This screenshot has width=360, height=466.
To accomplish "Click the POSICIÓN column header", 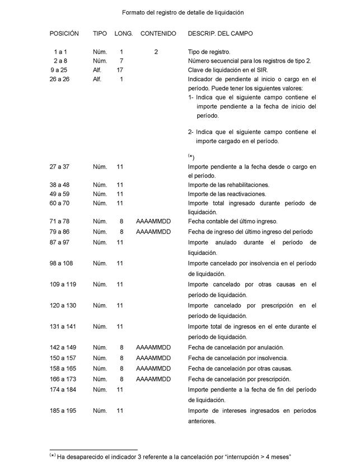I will tap(64, 34).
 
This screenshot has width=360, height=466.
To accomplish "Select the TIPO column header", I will tap(100, 34).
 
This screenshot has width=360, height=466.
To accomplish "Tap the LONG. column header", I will tap(123, 34).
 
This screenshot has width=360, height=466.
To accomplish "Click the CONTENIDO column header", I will tap(158, 34).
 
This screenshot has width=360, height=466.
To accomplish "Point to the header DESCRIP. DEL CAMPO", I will tap(220, 34).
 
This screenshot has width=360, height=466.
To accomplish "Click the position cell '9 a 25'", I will tap(61, 70).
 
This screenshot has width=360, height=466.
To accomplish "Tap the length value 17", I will tap(120, 70).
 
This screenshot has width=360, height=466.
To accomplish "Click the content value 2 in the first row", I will tap(156, 52).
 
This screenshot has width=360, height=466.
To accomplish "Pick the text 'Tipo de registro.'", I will tap(209, 52).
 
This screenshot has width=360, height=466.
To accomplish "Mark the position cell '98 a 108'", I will tap(64, 263).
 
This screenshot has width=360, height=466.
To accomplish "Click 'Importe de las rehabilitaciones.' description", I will tap(228, 184).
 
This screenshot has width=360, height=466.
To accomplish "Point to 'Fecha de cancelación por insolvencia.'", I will tap(238, 358).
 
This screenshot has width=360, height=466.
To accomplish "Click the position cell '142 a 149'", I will tap(64, 347).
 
